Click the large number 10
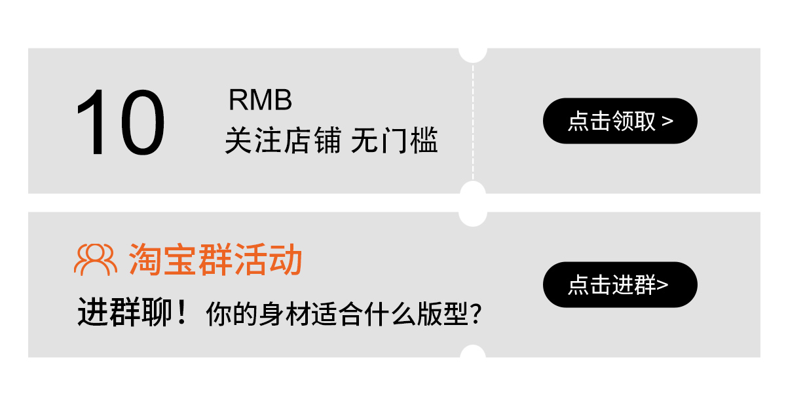(120, 123)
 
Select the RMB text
(260, 100)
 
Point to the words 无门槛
(394, 141)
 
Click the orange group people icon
(96, 259)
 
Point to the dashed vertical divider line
(473, 121)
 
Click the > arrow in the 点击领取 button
(667, 121)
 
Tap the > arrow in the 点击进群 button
(663, 285)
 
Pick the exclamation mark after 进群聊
(182, 313)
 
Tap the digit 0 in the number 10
(139, 123)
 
